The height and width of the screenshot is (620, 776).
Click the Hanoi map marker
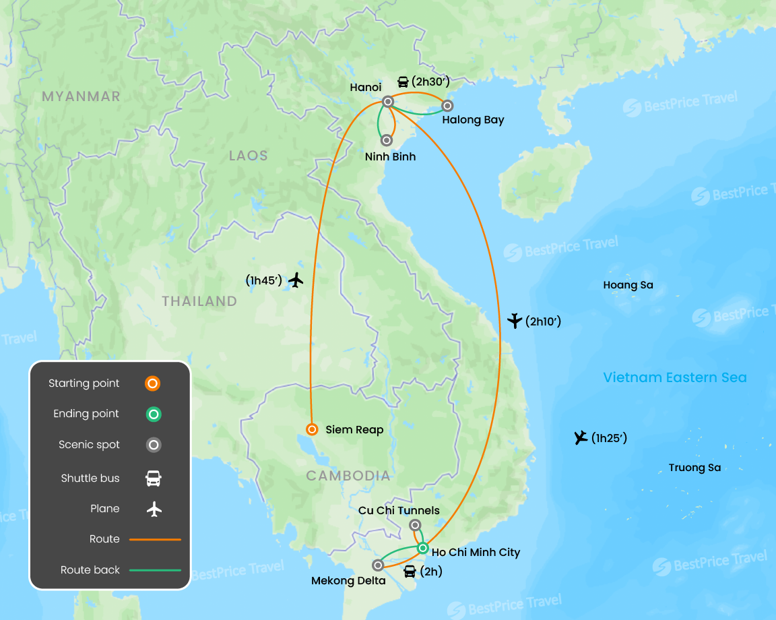388,102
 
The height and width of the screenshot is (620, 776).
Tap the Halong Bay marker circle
447,106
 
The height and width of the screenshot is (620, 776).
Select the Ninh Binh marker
387,140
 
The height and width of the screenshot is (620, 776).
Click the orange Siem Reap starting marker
312,429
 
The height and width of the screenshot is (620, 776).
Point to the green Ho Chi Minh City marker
422,548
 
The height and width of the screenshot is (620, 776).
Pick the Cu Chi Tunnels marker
415,525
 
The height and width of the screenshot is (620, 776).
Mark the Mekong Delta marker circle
378,565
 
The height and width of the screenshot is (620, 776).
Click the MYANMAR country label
81,96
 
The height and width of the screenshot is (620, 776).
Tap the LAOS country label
249,156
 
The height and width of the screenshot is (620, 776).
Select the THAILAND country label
199,301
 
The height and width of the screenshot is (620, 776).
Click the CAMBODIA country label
348,476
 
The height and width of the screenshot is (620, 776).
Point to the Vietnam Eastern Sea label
675,377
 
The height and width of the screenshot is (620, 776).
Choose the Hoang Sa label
628,285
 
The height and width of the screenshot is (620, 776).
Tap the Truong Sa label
694,468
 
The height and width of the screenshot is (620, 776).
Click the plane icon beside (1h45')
296,280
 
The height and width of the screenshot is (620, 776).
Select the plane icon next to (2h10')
515,321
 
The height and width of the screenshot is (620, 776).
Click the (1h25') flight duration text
609,439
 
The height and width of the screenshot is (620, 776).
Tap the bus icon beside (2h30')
403,82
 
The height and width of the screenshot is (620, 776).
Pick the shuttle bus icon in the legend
154,478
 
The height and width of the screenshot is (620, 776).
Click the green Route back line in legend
155,570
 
